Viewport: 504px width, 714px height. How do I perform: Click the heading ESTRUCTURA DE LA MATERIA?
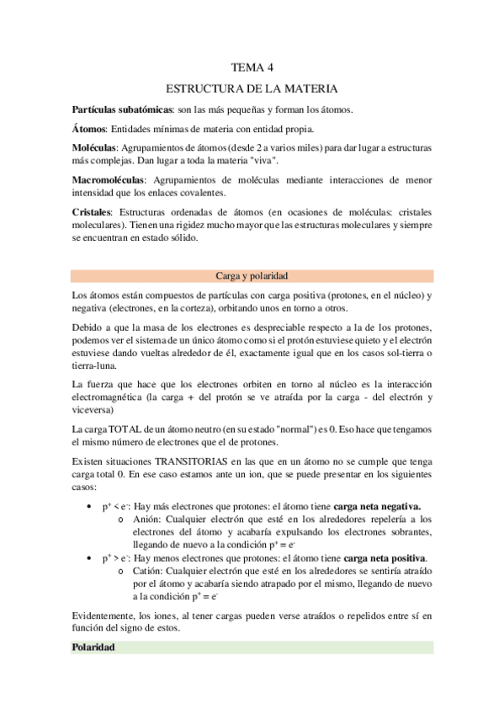[x=252, y=88]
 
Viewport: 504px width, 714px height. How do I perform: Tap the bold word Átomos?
[x=90, y=129]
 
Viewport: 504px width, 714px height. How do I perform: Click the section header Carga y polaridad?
[x=252, y=275]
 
